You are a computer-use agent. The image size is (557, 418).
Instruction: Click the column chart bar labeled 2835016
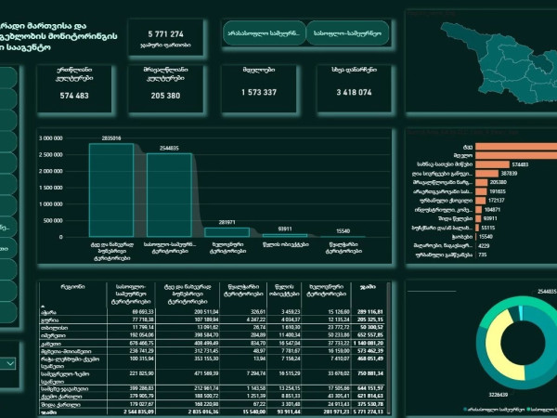click(x=111, y=190)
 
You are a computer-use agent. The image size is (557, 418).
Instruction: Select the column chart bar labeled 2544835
click(x=168, y=195)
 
